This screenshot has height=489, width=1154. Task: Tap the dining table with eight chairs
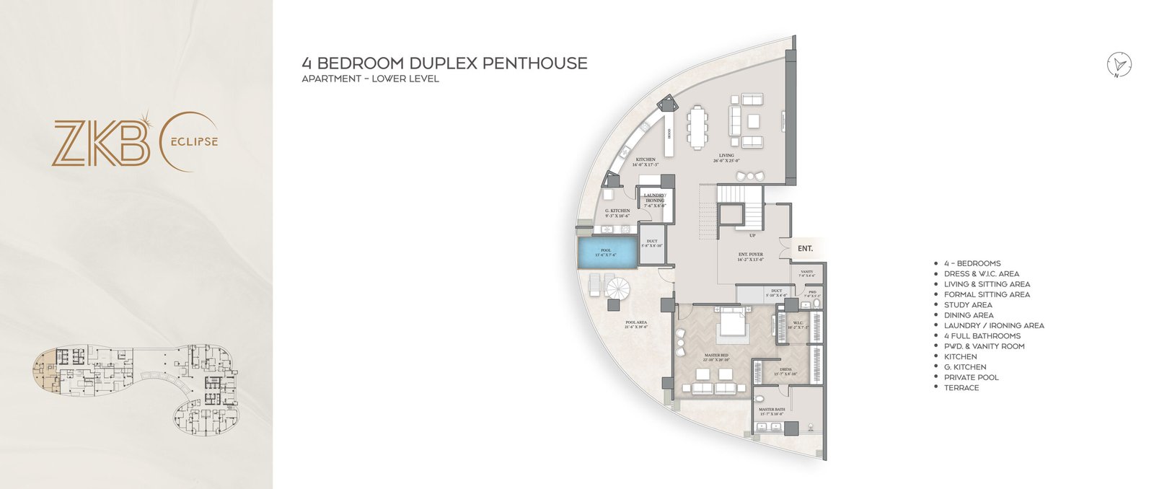[697, 128]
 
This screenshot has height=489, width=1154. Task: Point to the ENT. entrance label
[805, 249]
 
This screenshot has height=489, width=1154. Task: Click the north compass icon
[1119, 65]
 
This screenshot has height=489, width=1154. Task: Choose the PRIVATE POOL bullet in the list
[971, 377]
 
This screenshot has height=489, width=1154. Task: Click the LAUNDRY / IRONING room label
[655, 198]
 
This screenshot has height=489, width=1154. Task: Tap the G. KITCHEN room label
[617, 211]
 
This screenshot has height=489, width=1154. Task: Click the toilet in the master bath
[758, 398]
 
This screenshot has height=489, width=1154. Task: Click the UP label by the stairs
[752, 236]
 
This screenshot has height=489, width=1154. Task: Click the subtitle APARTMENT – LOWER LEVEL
[370, 79]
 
